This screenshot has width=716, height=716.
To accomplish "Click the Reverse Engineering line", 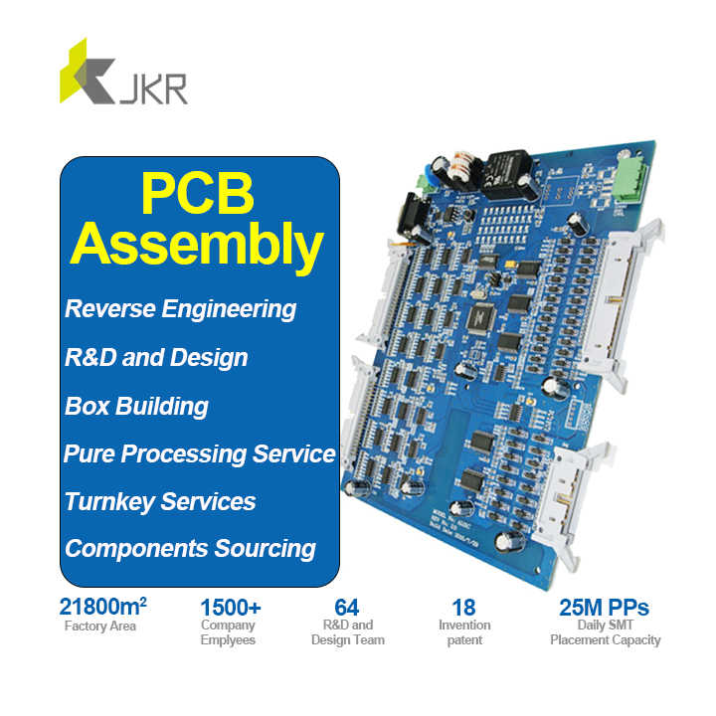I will [180, 308].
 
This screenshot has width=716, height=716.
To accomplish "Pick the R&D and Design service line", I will [156, 357].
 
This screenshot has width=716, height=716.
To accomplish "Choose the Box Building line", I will [136, 406].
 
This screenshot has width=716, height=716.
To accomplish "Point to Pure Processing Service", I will [200, 453].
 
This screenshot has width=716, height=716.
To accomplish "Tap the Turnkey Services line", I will [160, 501].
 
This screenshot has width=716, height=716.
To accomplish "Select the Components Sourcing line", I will [190, 548].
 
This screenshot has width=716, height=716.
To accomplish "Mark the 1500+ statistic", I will [231, 607].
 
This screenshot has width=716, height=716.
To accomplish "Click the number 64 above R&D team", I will [346, 607].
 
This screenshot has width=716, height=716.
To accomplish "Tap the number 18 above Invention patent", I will [462, 607].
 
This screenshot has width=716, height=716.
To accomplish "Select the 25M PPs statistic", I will [605, 607].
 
